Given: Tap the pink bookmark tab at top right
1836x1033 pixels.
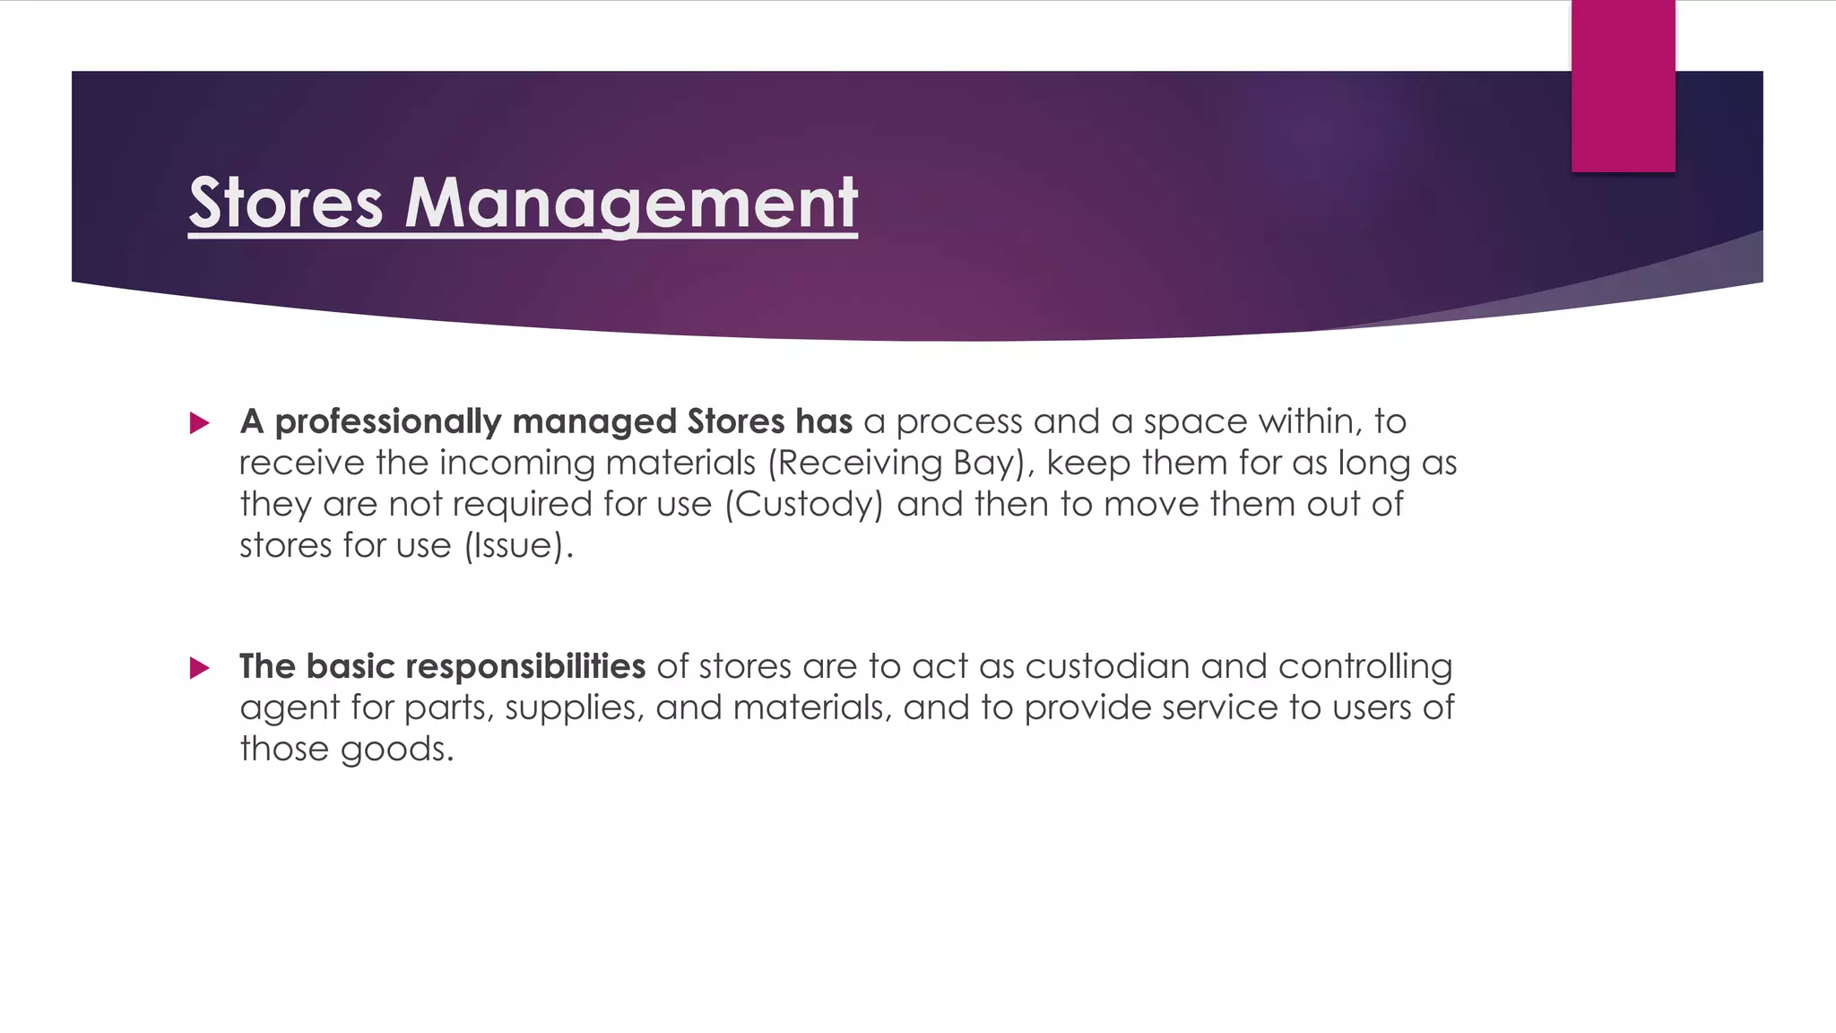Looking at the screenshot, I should [x=1623, y=86].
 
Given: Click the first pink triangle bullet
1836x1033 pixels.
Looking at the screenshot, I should [x=200, y=423].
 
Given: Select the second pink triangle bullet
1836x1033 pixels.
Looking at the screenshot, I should [x=200, y=668].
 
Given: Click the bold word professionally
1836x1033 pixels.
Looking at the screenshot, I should [x=387, y=422].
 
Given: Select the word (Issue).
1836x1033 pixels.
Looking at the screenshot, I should [x=518, y=546].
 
